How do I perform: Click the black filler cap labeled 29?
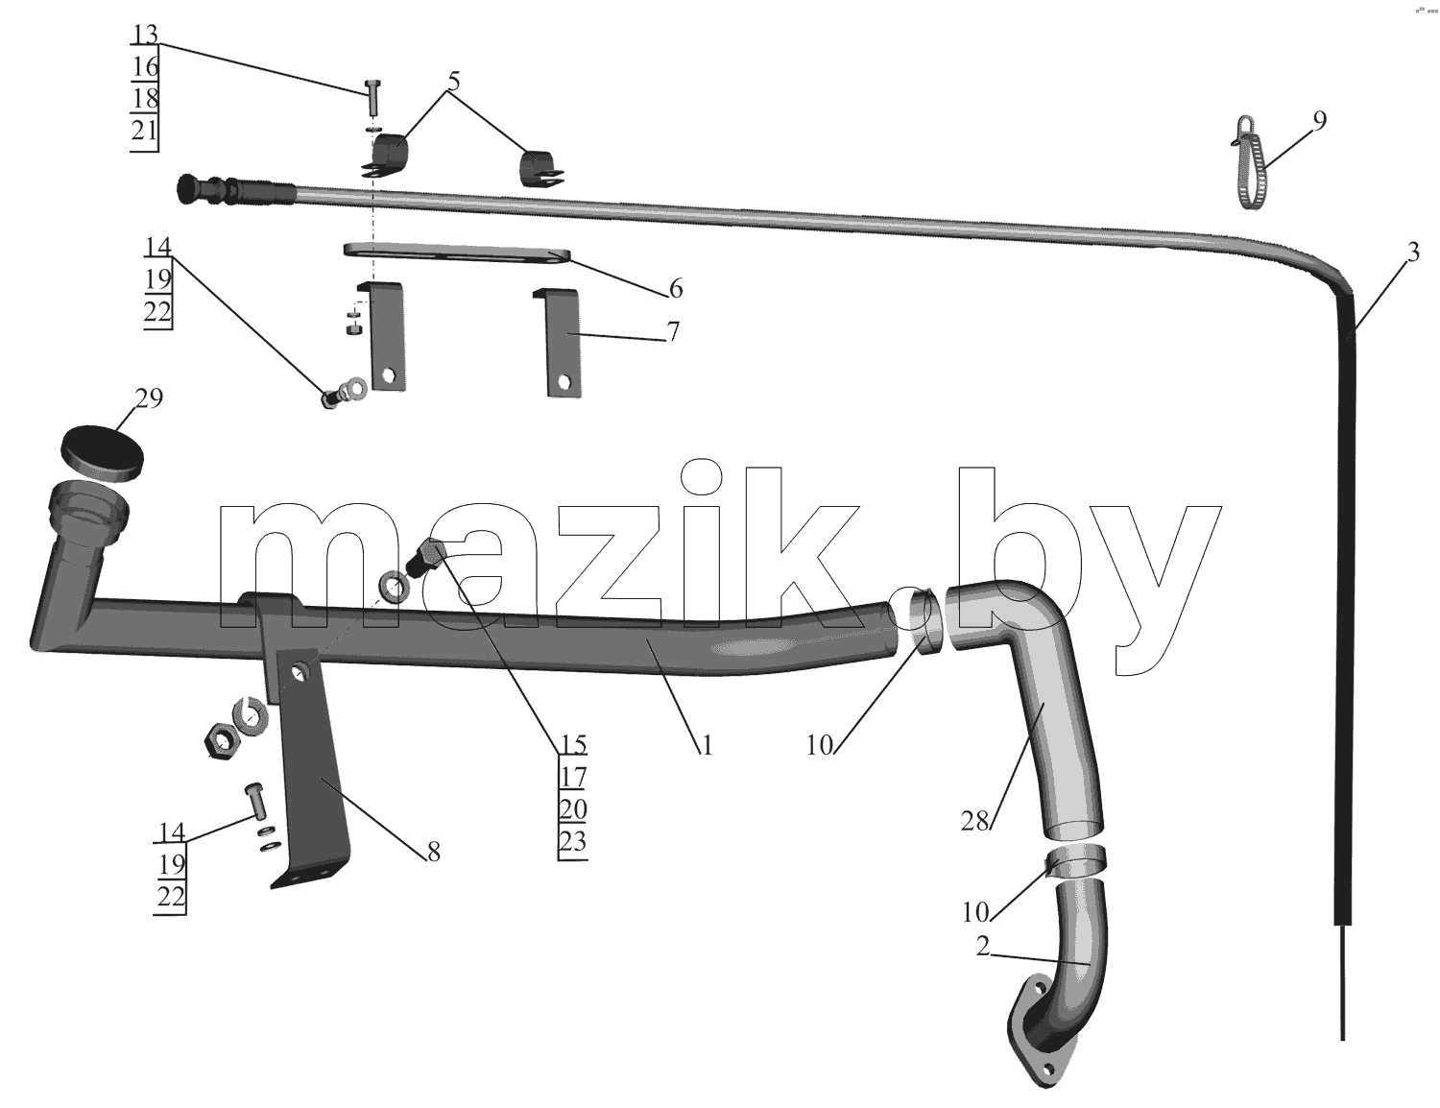click(x=102, y=452)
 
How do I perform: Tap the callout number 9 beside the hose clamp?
click(x=1319, y=121)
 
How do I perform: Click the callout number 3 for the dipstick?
click(x=1412, y=253)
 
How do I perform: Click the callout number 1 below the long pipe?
click(x=706, y=746)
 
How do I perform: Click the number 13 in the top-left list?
click(x=145, y=35)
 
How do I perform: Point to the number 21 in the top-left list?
click(x=144, y=131)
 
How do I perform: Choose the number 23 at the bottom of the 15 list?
click(x=572, y=842)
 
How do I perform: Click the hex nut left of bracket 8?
click(x=218, y=741)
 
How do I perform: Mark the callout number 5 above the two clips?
click(x=453, y=82)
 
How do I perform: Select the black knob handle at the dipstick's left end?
click(x=189, y=188)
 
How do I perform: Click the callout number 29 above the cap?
click(x=149, y=398)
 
